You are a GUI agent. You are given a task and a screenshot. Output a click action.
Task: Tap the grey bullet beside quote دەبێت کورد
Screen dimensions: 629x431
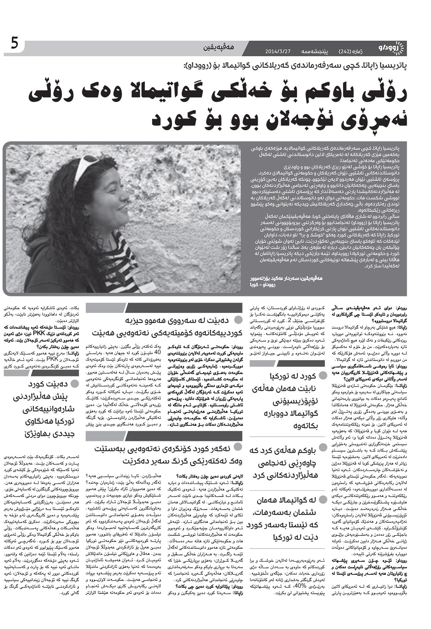(75, 384)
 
